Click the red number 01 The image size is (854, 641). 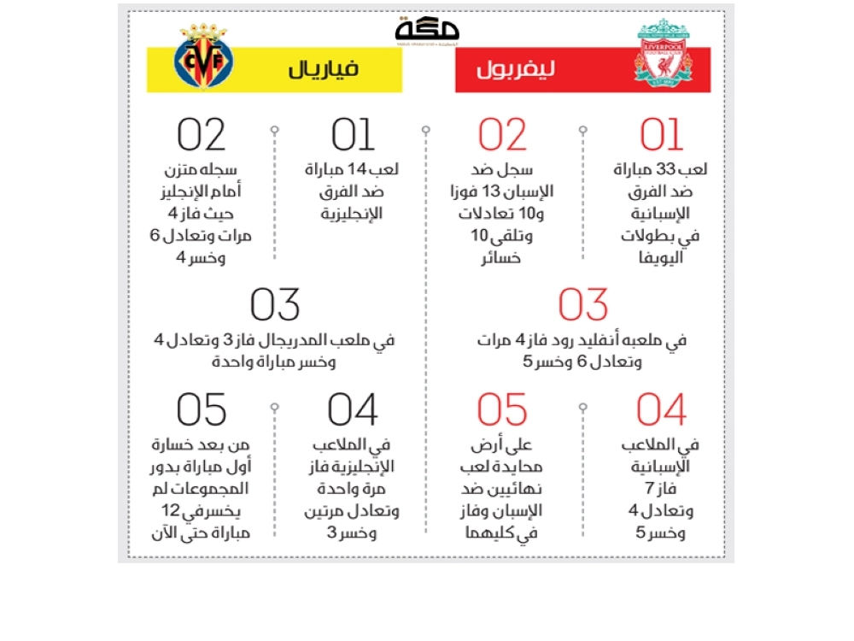(662, 135)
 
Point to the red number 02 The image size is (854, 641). (502, 135)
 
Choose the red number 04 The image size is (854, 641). (662, 411)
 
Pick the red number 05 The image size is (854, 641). (502, 411)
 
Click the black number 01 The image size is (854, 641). (353, 135)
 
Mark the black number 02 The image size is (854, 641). (202, 135)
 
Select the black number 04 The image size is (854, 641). (353, 411)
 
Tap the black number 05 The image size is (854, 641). (202, 411)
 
